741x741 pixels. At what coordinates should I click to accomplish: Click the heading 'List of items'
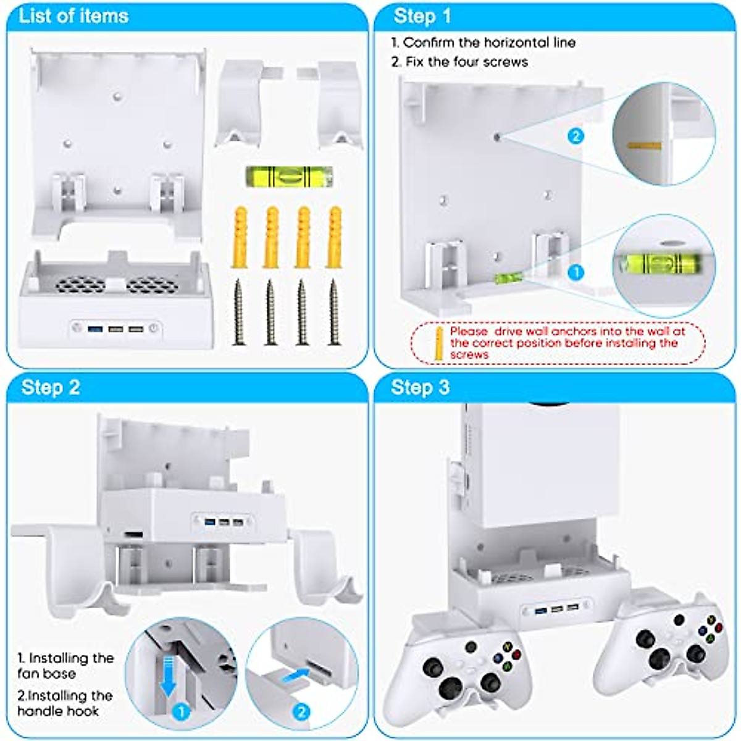pyautogui.click(x=73, y=15)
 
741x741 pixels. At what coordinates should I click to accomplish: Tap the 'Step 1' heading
pyautogui.click(x=422, y=16)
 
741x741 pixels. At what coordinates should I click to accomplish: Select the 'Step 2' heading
pyautogui.click(x=51, y=387)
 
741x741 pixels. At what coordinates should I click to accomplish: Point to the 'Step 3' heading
pyautogui.click(x=420, y=387)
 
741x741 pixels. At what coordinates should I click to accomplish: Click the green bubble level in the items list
pyautogui.click(x=288, y=177)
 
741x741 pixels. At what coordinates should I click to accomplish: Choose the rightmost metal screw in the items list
pyautogui.click(x=334, y=312)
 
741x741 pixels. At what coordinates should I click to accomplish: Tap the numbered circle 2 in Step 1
pyautogui.click(x=576, y=136)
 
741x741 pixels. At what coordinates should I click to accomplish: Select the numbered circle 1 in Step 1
pyautogui.click(x=576, y=272)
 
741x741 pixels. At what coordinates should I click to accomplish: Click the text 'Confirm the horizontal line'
pyautogui.click(x=488, y=43)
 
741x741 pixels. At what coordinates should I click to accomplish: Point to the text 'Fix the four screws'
pyautogui.click(x=467, y=62)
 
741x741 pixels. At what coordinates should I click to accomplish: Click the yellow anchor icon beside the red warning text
pyautogui.click(x=438, y=343)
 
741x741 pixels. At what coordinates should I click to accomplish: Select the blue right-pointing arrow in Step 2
pyautogui.click(x=294, y=676)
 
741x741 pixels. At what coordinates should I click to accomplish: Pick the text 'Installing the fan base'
pyautogui.click(x=65, y=666)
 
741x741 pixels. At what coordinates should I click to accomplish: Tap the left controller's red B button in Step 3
pyautogui.click(x=516, y=655)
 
